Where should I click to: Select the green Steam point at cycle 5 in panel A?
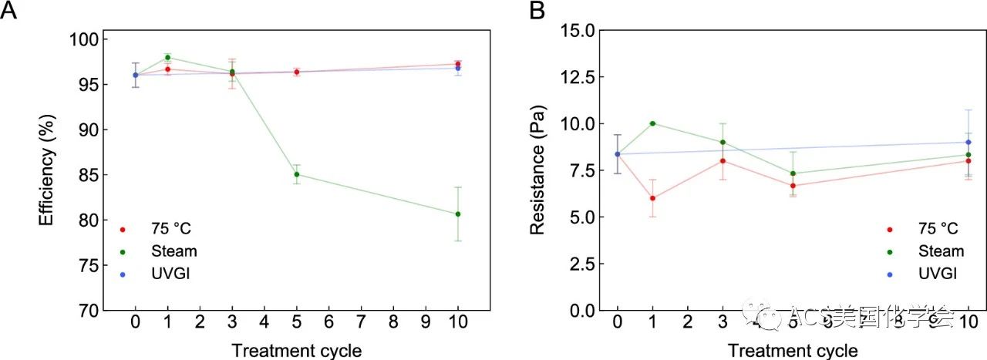[297, 174]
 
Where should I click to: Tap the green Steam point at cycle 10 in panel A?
[458, 214]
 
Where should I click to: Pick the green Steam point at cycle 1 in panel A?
[167, 57]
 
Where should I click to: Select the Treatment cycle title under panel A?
[297, 351]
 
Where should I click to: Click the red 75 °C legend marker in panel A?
[122, 229]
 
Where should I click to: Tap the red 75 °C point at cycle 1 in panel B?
[652, 198]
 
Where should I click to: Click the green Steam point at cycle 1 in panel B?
[652, 123]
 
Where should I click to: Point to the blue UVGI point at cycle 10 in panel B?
[968, 142]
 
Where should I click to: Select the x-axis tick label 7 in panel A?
[361, 323]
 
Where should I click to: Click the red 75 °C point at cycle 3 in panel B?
[723, 160]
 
